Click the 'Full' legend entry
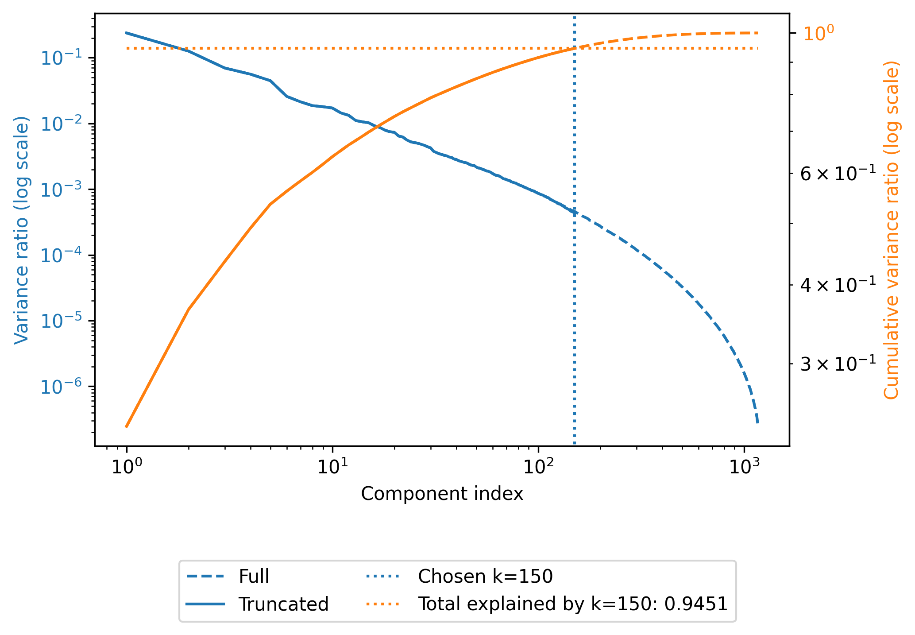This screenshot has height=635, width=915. (x=254, y=577)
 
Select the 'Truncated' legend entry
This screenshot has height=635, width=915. (x=283, y=604)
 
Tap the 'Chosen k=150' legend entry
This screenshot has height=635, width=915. (x=485, y=577)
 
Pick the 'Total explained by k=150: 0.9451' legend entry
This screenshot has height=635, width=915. (x=573, y=604)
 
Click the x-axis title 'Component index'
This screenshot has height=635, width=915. (x=442, y=494)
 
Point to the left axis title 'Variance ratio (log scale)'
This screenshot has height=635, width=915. (x=21, y=230)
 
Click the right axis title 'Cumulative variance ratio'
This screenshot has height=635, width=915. (x=892, y=230)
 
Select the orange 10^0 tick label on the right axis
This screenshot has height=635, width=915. (x=818, y=34)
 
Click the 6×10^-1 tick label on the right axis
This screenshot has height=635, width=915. (x=838, y=174)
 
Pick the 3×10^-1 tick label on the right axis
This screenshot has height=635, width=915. (x=838, y=364)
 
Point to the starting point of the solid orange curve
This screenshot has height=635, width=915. (x=127, y=427)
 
